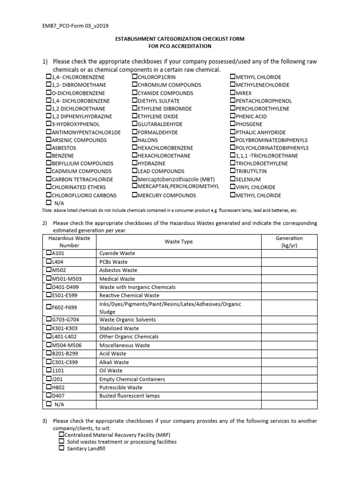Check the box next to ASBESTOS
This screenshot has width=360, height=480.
tap(49, 148)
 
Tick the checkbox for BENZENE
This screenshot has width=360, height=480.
tap(49, 156)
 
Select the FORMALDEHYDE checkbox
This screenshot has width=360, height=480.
tap(135, 132)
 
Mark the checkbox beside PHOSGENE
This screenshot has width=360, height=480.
tap(233, 124)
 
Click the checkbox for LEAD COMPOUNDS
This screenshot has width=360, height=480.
tap(135, 171)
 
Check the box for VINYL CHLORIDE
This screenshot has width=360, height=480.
tap(233, 187)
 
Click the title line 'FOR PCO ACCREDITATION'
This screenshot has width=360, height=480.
tap(180, 46)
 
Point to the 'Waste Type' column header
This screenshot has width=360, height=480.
tap(179, 242)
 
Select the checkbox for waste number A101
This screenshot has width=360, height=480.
tap(49, 253)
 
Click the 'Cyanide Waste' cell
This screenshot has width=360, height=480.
tap(117, 254)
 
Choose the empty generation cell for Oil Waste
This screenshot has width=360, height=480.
tap(289, 370)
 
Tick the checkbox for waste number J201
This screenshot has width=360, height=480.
tap(49, 379)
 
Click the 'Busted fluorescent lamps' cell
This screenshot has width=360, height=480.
tap(130, 396)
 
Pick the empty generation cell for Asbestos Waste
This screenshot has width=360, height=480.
tap(289, 270)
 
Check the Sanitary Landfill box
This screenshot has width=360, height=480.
tap(61, 449)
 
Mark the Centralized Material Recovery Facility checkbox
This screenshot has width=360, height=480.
tap(61, 434)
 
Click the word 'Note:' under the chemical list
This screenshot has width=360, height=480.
tap(48, 210)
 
